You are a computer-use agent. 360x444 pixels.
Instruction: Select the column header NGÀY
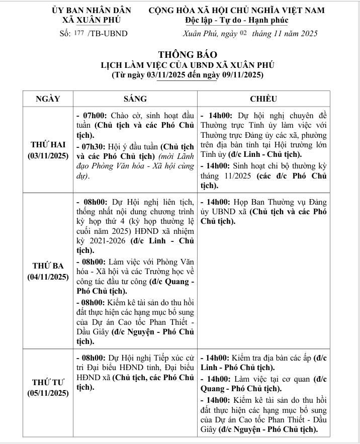coord(48,99)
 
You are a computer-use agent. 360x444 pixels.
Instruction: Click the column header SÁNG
coord(135,99)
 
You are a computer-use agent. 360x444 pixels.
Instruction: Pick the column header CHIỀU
coord(263,99)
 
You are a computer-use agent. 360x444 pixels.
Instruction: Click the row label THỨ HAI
coord(48,145)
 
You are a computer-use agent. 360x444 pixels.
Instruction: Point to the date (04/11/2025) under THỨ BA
coord(48,277)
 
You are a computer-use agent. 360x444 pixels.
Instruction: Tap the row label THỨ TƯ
coord(48,382)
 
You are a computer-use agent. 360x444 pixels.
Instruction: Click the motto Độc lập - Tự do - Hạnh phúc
coord(236,21)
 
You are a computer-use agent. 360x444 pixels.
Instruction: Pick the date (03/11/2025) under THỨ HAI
coord(48,156)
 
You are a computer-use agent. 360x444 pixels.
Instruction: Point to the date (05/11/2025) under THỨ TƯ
coord(48,393)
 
